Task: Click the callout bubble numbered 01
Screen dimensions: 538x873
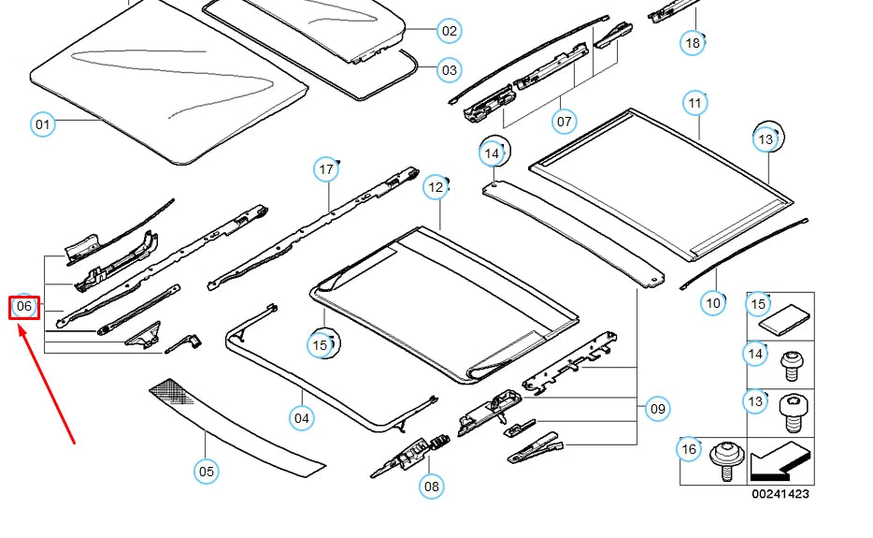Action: [42, 124]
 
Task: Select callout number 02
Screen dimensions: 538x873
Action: [450, 31]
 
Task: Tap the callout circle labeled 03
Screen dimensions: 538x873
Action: [450, 70]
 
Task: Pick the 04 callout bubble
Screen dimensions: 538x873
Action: [301, 417]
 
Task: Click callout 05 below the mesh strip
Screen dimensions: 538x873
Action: [207, 471]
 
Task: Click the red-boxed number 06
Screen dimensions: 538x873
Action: [24, 306]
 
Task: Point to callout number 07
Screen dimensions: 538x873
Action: [564, 122]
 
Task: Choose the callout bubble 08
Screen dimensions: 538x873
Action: [431, 486]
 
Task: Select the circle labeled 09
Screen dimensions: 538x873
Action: [658, 408]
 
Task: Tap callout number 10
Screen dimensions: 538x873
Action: [714, 302]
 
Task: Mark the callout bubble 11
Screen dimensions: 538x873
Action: [694, 102]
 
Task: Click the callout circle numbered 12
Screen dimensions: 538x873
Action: [436, 187]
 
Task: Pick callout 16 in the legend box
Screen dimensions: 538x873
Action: [689, 450]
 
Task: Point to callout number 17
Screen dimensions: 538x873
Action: [326, 169]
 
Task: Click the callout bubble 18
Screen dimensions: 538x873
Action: [692, 43]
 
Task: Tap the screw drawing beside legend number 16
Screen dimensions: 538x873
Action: [724, 459]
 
